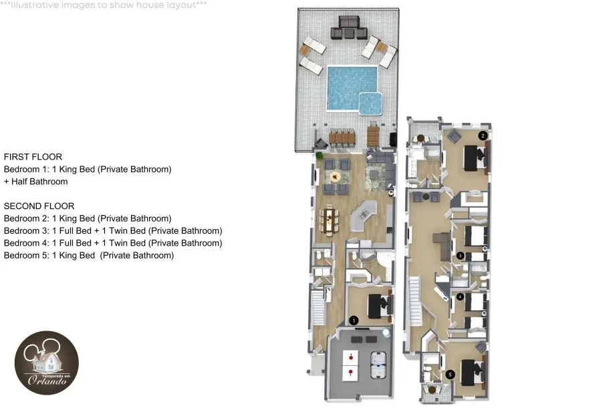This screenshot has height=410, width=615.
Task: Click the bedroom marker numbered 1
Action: click(354, 321)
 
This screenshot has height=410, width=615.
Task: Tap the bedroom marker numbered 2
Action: click(483, 136)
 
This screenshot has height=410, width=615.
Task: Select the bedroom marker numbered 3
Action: click(460, 256)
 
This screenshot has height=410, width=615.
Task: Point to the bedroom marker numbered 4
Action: click(460, 297)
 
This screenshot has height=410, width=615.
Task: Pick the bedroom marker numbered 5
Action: click(450, 375)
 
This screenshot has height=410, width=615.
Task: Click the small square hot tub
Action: click(370, 104)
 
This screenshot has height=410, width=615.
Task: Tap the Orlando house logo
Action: click(47, 363)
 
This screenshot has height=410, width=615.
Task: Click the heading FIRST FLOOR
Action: click(33, 157)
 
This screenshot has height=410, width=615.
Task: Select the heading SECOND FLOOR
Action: click(39, 206)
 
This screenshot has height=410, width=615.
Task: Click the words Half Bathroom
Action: click(39, 182)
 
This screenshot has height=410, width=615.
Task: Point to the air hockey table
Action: click(378, 365)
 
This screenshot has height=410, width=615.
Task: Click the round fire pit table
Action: click(335, 177)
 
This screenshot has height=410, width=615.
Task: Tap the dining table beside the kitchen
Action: click(330, 220)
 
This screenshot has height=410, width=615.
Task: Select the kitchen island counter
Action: click(363, 216)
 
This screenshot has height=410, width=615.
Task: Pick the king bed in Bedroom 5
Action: click(473, 373)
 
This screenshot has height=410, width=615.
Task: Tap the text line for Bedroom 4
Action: click(113, 243)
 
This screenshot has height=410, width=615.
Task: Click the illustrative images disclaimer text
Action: click(103, 5)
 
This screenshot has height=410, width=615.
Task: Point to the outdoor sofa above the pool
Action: click(349, 28)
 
